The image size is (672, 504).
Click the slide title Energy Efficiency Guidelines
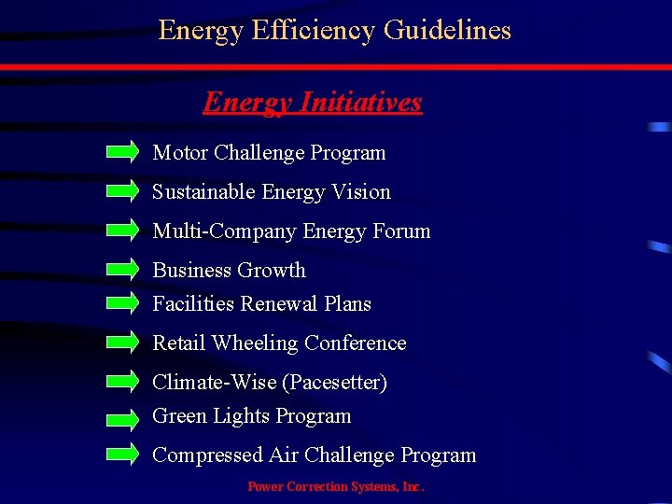[335, 31]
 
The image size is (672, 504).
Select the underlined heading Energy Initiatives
[313, 102]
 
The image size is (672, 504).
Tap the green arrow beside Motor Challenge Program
[122, 152]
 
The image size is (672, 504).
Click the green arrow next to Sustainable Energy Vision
[122, 191]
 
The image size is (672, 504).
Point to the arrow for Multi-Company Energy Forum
[122, 231]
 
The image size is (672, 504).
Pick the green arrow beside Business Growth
[122, 270]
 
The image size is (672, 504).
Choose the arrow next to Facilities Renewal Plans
[122, 303]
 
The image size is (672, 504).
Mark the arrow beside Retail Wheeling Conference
[122, 343]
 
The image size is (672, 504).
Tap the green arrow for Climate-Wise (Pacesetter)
[122, 382]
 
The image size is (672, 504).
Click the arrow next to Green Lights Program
[122, 415]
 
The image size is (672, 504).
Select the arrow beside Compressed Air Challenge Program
[122, 455]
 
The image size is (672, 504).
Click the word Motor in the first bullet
[180, 153]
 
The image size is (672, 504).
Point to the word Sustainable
[204, 192]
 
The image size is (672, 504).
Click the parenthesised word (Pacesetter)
[337, 383]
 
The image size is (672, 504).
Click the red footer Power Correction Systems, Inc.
[335, 486]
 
